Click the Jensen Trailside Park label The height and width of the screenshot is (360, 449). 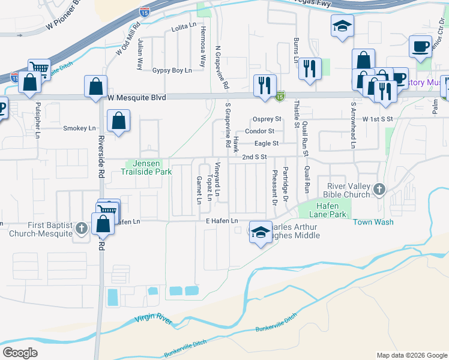click(x=148, y=167)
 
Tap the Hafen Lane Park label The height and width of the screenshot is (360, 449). click(x=328, y=210)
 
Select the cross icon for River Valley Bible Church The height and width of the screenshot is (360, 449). click(x=379, y=190)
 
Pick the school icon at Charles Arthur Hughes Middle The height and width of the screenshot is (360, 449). click(x=260, y=233)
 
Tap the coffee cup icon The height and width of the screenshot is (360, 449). click(x=420, y=46)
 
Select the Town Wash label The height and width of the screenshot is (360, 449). click(x=373, y=222)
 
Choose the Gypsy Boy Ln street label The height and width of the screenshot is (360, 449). click(x=172, y=70)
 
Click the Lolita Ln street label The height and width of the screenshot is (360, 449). click(x=184, y=28)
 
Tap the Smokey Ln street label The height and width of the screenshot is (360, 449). click(x=79, y=128)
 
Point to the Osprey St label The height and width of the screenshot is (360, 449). click(x=267, y=119)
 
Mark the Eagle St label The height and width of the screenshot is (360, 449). click(x=267, y=143)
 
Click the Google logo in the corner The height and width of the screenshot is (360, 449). click(x=20, y=353)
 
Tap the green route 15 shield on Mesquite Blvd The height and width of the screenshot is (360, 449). click(x=280, y=95)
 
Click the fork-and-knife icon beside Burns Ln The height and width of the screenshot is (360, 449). click(x=310, y=68)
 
